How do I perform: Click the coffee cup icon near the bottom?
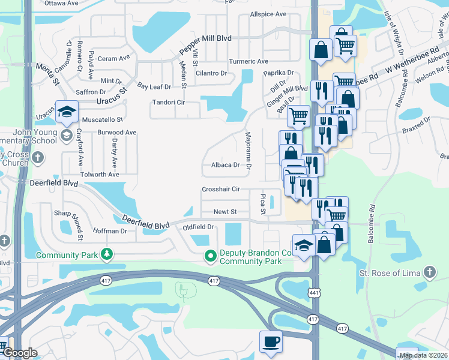tap(271, 341)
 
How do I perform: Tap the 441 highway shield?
tap(313, 318)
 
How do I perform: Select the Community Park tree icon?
tap(107, 255)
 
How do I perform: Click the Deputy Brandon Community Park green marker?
tap(211, 256)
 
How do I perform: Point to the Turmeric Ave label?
tap(249, 62)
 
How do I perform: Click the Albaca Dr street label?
tap(225, 165)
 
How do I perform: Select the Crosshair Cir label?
tap(221, 189)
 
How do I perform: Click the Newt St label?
tap(225, 212)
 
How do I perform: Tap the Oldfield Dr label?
tap(199, 227)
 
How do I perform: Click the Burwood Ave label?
tap(118, 132)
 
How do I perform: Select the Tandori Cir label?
tap(168, 103)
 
